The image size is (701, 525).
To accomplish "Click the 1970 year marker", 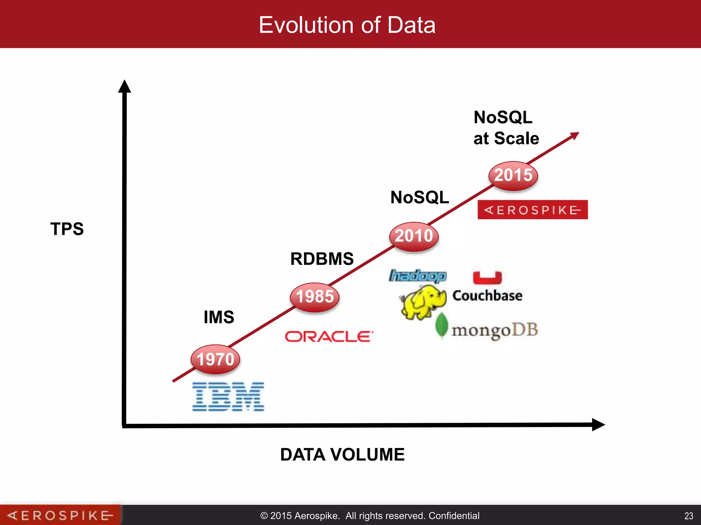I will [215, 359].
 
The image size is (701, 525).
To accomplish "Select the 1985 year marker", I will [315, 296].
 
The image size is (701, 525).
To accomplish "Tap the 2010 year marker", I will [414, 236].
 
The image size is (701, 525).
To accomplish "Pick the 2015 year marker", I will [513, 175].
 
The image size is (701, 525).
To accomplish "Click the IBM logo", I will [228, 396].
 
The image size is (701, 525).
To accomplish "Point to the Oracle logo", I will [329, 336].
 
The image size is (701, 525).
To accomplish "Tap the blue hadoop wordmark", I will [418, 275].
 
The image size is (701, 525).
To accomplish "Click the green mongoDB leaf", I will [442, 325].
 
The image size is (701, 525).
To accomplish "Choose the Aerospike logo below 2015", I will [533, 210].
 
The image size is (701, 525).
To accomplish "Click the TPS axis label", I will [67, 229].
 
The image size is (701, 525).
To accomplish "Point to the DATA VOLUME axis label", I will [342, 455].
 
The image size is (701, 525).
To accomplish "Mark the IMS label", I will [219, 317].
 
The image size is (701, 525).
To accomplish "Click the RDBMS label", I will [322, 259].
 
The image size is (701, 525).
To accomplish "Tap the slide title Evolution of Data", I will [347, 25].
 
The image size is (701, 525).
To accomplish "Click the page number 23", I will [689, 516].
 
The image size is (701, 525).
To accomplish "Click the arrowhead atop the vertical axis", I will [125, 86].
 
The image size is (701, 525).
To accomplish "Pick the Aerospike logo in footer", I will [60, 515].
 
